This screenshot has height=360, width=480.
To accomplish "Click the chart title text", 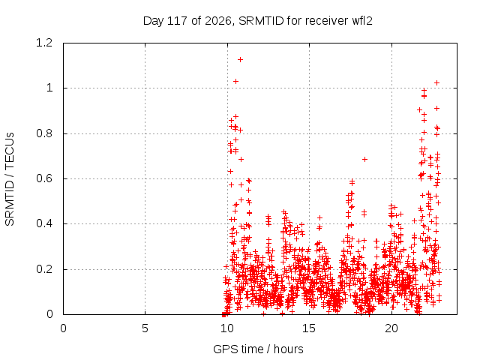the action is pos(258,21).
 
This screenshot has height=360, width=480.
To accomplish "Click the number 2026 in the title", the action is pos(218,20).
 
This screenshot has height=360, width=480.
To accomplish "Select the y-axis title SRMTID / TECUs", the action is pos(10,179).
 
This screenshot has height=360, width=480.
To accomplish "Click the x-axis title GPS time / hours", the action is pos(258,349).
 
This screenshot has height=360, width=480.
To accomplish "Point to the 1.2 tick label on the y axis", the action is pos(44,43).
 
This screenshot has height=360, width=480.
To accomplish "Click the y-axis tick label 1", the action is pos(49,88).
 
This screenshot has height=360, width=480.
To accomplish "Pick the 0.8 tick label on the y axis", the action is pos(44,133).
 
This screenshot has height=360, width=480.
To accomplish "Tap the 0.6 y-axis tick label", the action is pos(44,178).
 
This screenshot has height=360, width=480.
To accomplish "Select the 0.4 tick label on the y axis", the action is pos(44,223).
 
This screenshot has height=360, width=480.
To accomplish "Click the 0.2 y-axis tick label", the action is pos(44,269).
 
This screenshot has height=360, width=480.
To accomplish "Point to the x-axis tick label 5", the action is pos(145,328).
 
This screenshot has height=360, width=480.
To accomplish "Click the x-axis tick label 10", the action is pos(227,328).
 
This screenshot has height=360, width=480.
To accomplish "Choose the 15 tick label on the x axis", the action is pos(309,328).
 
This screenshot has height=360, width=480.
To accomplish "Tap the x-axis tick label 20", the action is pos(391,328).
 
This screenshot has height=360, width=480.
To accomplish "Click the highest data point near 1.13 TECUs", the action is pos(241,60).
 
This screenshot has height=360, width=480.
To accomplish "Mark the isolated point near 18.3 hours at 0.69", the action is pos(364,159).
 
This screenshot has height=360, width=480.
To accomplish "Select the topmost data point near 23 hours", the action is pos(437,83).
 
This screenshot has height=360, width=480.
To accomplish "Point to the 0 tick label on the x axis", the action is pos(63,328).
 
